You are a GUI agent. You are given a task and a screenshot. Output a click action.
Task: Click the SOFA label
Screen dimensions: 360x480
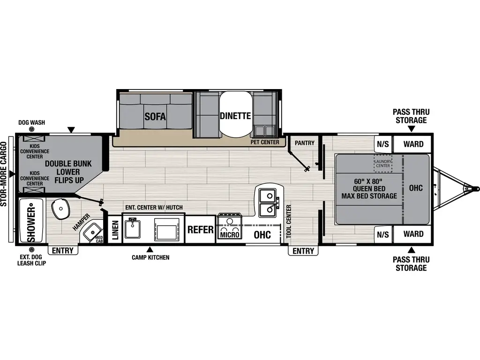[x=155, y=116]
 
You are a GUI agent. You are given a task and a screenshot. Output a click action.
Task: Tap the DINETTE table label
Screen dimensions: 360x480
[x=235, y=116]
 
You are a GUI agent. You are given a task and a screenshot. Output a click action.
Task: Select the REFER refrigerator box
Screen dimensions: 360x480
[x=201, y=230]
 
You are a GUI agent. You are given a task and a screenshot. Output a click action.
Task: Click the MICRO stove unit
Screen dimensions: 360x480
[x=229, y=228]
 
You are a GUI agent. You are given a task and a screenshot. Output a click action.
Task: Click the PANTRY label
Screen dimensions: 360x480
[x=305, y=142]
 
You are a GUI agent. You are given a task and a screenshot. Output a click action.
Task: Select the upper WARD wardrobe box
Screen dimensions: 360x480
[x=413, y=144]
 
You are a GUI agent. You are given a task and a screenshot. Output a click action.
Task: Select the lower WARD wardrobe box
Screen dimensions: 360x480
[x=413, y=234]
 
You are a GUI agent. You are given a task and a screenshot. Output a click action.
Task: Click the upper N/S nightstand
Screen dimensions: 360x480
[x=383, y=144]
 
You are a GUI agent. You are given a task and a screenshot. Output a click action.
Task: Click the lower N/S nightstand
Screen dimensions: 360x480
[x=383, y=234]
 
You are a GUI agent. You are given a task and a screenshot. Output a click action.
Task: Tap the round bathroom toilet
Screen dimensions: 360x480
[x=60, y=209]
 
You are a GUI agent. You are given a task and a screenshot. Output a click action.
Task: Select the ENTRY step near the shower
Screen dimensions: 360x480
[x=63, y=250]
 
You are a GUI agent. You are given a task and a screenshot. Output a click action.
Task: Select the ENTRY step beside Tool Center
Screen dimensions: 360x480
[x=303, y=251]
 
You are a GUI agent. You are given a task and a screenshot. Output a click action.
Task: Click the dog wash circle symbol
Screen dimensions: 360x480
[x=32, y=129]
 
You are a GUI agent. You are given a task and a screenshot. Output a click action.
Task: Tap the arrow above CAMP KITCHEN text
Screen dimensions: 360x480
[x=150, y=249]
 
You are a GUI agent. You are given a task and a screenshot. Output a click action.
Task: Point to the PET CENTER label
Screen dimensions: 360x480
[x=265, y=142]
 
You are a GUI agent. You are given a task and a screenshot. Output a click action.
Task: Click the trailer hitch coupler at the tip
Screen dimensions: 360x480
[x=466, y=188]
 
